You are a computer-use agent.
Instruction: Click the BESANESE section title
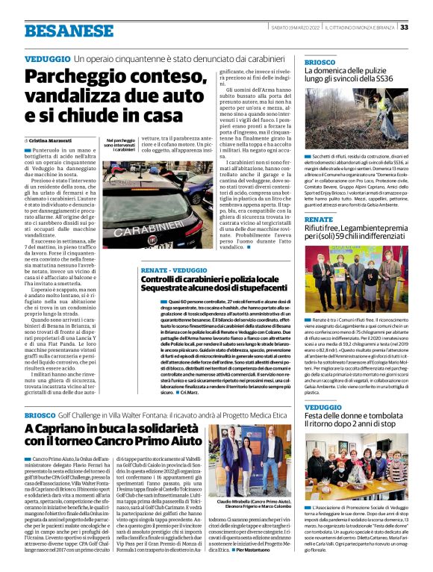pos(65,31)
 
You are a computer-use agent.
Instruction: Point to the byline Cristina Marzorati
pos(53,140)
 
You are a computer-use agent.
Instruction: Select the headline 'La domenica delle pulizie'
pos(348,73)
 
